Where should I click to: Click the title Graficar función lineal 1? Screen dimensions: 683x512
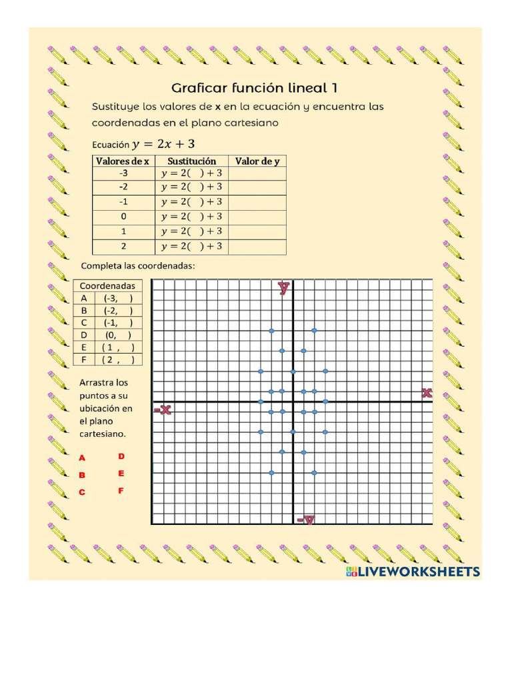pyautogui.click(x=259, y=88)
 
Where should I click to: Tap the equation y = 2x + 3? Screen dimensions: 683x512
pyautogui.click(x=163, y=144)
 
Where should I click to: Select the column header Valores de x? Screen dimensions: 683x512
pyautogui.click(x=123, y=161)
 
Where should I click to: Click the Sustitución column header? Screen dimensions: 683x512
pyautogui.click(x=191, y=161)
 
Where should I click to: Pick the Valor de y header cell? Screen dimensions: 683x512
pyautogui.click(x=257, y=161)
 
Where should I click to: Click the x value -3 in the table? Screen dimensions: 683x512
pyautogui.click(x=123, y=172)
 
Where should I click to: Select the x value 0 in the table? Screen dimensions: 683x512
pyautogui.click(x=123, y=216)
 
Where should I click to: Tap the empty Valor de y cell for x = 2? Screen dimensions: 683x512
pyautogui.click(x=257, y=246)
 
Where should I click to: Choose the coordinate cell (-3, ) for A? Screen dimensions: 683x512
pyautogui.click(x=118, y=298)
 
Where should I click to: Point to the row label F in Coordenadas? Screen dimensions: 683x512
pyautogui.click(x=84, y=360)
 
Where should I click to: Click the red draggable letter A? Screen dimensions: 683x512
pyautogui.click(x=83, y=458)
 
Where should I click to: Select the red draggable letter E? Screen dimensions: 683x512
pyautogui.click(x=121, y=474)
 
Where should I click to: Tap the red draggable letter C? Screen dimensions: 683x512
pyautogui.click(x=83, y=492)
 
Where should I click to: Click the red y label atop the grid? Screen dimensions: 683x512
pyautogui.click(x=284, y=288)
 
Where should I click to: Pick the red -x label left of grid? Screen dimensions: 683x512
pyautogui.click(x=163, y=410)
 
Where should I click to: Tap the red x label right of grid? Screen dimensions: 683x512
pyautogui.click(x=427, y=394)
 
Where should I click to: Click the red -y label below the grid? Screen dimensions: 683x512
pyautogui.click(x=306, y=520)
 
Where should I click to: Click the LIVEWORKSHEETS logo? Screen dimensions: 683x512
pyautogui.click(x=413, y=571)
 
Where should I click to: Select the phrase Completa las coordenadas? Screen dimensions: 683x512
pyautogui.click(x=137, y=265)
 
